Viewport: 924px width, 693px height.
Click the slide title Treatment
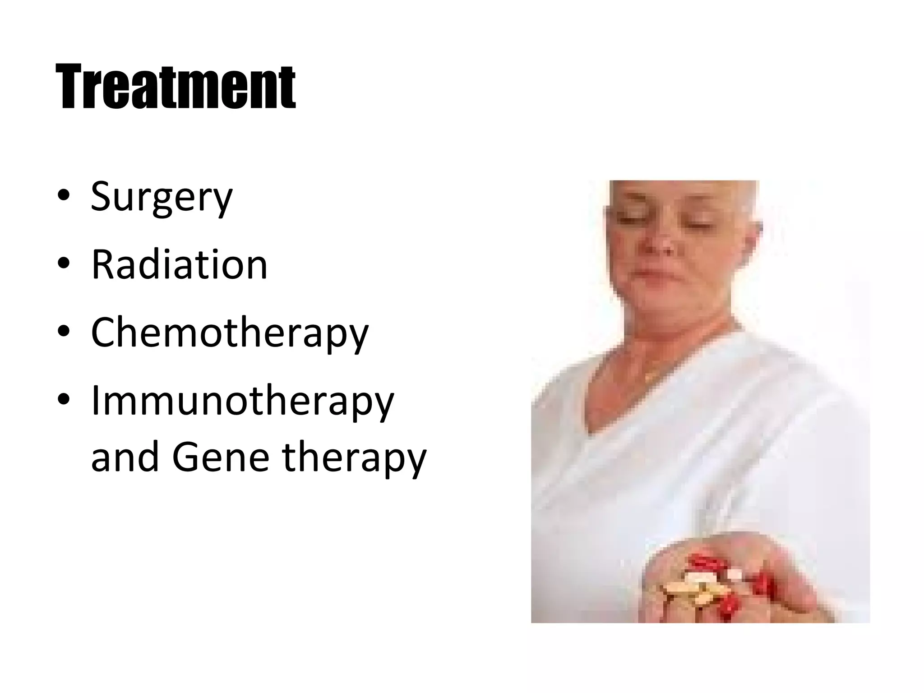point(176,87)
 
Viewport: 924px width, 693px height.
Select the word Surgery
point(162,197)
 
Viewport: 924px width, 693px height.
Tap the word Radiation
point(179,265)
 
